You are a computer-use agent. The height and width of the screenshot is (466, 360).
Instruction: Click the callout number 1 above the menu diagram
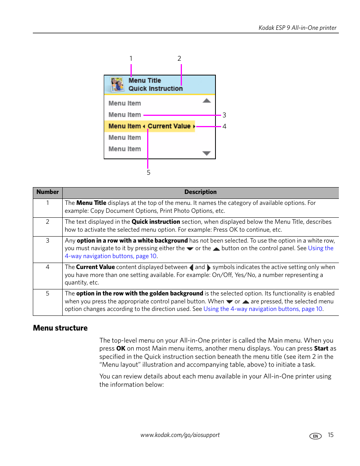point(131,58)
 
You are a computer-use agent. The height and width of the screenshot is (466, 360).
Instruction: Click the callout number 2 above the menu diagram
point(179,58)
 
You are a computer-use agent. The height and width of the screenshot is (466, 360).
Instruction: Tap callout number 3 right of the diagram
point(224,115)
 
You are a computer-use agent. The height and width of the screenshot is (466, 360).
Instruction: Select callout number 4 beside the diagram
point(224,126)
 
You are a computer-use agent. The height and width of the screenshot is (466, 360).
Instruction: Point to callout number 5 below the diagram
point(148,172)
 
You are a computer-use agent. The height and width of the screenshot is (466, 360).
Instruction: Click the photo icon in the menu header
point(117,85)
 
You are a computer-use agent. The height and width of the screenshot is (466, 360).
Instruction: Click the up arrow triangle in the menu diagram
point(206,101)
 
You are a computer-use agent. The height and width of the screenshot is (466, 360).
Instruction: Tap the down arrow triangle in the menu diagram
point(206,153)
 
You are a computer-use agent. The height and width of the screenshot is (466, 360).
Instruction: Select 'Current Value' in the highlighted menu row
point(169,126)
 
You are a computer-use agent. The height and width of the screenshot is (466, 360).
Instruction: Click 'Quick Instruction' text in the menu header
point(155,89)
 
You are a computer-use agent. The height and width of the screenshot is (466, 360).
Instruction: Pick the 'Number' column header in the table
point(48,192)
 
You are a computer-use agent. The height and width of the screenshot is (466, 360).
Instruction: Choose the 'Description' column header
point(200,192)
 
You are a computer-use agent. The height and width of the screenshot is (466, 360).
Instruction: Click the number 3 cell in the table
point(48,241)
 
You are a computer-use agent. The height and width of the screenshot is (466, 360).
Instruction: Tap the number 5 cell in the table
point(48,294)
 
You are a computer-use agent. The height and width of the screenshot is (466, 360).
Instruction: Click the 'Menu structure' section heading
point(60,328)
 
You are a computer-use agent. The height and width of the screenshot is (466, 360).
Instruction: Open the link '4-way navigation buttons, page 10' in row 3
point(111,256)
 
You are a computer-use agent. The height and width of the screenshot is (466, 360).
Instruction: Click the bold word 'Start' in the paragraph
point(321,349)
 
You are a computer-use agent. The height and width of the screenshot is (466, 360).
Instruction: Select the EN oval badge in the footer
point(315,436)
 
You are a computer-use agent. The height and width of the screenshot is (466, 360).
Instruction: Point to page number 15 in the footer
point(331,435)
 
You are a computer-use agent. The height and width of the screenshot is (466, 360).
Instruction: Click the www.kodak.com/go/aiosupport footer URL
point(180,435)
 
